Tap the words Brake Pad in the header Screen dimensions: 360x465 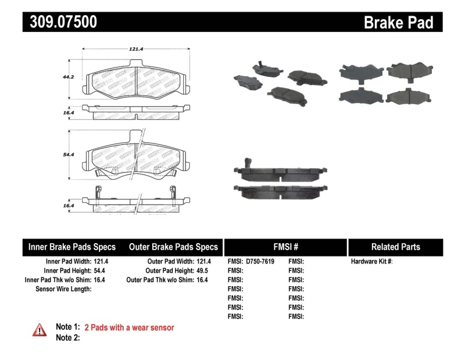click(399, 22)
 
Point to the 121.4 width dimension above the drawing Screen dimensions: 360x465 click(135, 49)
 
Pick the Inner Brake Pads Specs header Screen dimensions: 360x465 click(72, 247)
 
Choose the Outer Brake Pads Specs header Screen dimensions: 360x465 click(173, 247)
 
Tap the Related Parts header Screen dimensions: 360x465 click(395, 247)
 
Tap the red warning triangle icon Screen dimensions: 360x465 click(39, 330)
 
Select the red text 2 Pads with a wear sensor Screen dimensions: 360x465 click(129, 327)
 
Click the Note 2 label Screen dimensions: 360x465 click(67, 338)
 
